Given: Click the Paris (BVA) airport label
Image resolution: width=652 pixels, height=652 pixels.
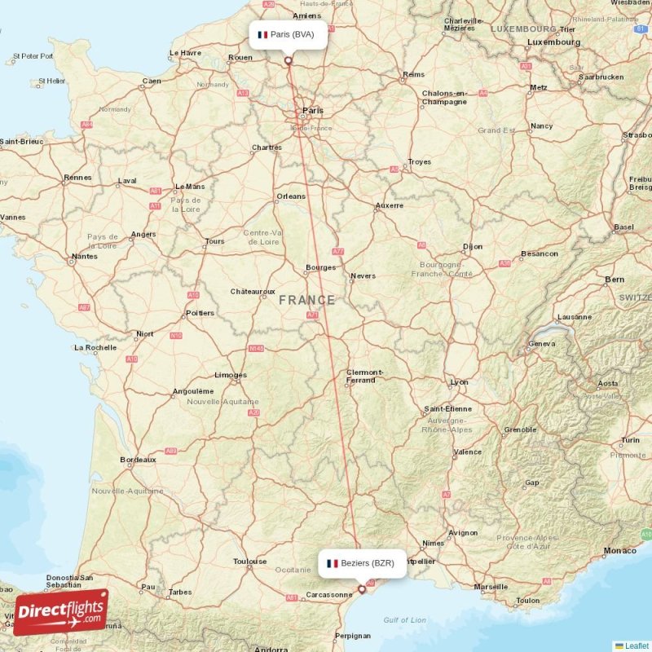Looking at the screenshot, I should coord(288,34).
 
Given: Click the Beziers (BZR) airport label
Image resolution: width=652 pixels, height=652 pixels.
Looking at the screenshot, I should coord(362,563).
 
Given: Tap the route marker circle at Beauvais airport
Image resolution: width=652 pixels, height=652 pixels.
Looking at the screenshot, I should coord(288,59).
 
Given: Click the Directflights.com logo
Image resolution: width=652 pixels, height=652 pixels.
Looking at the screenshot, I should coord(61,612).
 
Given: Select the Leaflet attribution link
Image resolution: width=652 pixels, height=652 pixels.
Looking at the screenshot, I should coord(636,645).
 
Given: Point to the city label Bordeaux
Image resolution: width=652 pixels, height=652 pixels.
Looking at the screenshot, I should coord(138,460).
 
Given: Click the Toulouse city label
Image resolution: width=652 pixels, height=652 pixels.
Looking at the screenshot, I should coord(249,561).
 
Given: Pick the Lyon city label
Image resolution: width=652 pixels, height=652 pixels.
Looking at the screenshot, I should coord(460,381).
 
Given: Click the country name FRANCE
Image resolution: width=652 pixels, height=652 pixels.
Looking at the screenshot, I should coord(306,300).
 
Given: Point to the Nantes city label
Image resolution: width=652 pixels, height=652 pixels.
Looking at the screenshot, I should coord(84,256).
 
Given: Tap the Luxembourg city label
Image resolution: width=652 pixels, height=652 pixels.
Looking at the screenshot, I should coord(553,41).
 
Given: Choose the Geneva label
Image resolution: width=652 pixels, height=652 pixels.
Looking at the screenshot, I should coord(542,343).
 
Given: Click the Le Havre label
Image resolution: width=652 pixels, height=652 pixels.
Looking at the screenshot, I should coord(185,53).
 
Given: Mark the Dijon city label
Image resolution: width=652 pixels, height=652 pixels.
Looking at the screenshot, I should coord(473,245).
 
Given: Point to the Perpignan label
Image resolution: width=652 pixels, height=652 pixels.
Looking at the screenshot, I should coord(352,635).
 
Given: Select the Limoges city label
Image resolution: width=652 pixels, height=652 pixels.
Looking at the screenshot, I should coord(231,375).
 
